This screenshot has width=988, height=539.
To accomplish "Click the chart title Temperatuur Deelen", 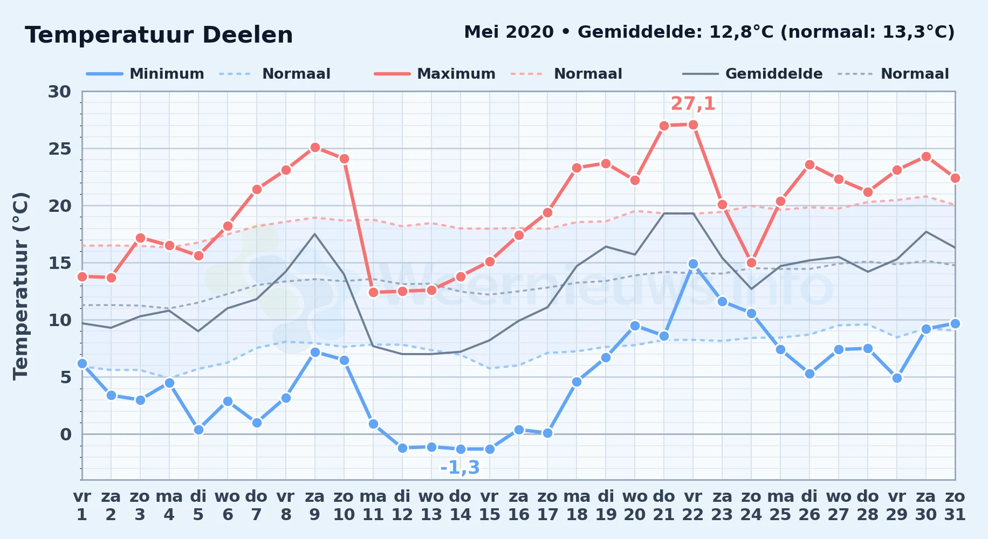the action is pyautogui.click(x=159, y=35).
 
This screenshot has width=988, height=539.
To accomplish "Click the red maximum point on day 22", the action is pyautogui.click(x=693, y=125).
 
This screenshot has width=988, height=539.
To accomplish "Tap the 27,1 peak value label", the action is pyautogui.click(x=693, y=103).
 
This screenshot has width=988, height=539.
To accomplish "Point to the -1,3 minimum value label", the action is pyautogui.click(x=460, y=467).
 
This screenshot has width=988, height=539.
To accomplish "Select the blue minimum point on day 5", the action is pyautogui.click(x=198, y=430).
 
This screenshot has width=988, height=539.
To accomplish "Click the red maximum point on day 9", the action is pyautogui.click(x=315, y=147).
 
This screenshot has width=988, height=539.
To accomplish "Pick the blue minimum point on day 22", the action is pyautogui.click(x=693, y=264).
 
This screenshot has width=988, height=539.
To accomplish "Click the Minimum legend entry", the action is pyautogui.click(x=145, y=74).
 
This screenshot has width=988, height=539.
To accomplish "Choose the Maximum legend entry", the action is pyautogui.click(x=435, y=74).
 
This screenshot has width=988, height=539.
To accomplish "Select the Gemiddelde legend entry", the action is pyautogui.click(x=752, y=74).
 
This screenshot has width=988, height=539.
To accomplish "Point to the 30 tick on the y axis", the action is pyautogui.click(x=59, y=92).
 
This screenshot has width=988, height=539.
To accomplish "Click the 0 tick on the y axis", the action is pyautogui.click(x=65, y=434).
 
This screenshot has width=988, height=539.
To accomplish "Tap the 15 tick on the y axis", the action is pyautogui.click(x=59, y=263).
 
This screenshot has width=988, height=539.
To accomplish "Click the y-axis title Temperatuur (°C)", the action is pyautogui.click(x=20, y=286).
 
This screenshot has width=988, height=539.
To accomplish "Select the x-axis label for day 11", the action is pyautogui.click(x=373, y=506).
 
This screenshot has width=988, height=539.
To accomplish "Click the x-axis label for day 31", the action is pyautogui.click(x=955, y=506).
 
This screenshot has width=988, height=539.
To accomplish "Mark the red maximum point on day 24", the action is pyautogui.click(x=751, y=263).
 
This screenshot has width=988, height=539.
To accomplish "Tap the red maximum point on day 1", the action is pyautogui.click(x=82, y=277).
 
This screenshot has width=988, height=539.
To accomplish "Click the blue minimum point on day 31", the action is pyautogui.click(x=955, y=323).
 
